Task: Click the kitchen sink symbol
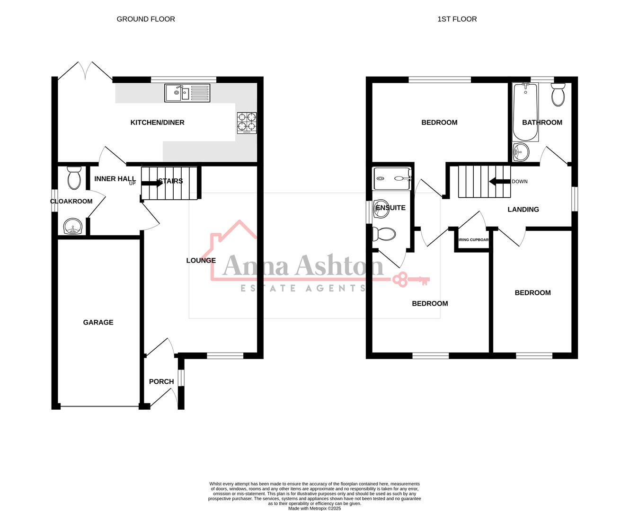point(187,93)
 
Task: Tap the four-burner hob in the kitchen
point(247,122)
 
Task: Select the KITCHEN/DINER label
point(157,123)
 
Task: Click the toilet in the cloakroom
point(74,178)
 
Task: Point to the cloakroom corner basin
point(72,226)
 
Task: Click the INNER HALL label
point(115,179)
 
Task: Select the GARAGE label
point(98,322)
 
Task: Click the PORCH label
point(161,382)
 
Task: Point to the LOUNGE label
point(201,260)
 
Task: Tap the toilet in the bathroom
point(558,95)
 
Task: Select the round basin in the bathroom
point(522,152)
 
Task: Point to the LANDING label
point(523,210)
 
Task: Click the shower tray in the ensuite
point(392,178)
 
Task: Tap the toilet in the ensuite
point(384,234)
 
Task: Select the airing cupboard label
point(473,240)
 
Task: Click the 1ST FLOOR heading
point(457,19)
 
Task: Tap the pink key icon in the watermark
point(410,280)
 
